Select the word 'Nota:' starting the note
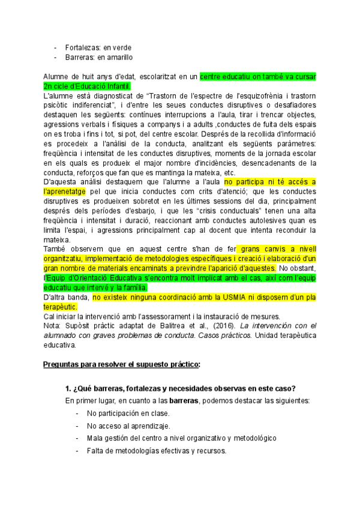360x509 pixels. (53, 326)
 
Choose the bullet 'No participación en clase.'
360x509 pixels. (128, 414)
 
